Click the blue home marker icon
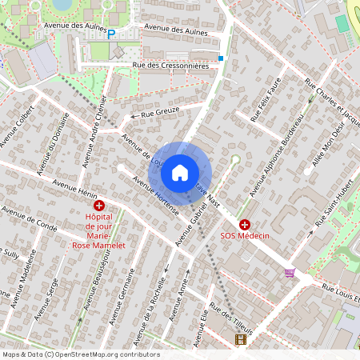tap(180, 173)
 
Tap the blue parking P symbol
tap(111, 34)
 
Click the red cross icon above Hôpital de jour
tap(99, 206)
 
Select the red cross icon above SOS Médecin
tap(245, 226)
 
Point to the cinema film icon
tap(241, 339)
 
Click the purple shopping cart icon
tap(290, 273)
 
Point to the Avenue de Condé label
tap(30, 218)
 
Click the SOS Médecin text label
tap(245, 237)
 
